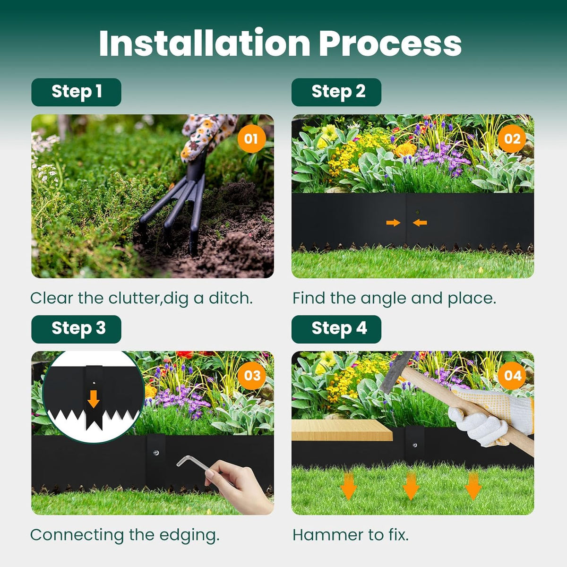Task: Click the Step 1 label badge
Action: (x=76, y=92)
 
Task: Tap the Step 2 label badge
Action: (x=336, y=92)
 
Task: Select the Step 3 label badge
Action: (x=76, y=329)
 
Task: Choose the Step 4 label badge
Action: (x=336, y=329)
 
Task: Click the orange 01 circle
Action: (x=251, y=138)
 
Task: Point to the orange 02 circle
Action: (x=512, y=138)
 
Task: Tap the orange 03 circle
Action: (x=252, y=376)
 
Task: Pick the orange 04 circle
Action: (x=512, y=376)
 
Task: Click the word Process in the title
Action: (x=390, y=43)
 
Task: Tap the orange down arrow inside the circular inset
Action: (x=94, y=399)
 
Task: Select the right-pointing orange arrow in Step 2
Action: (x=394, y=223)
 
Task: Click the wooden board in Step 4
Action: (x=342, y=430)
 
